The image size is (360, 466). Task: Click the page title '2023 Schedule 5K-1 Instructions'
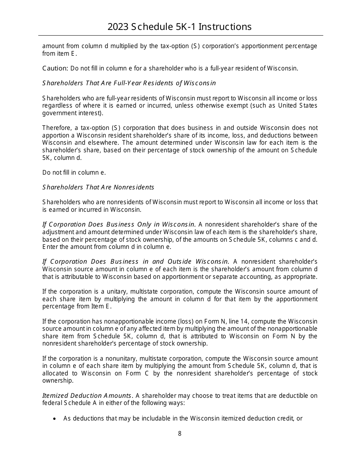[x=180, y=27]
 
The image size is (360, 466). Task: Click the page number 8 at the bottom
[x=180, y=433]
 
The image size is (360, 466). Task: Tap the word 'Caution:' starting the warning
[x=55, y=68]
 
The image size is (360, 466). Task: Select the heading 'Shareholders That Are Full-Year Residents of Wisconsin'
[x=129, y=83]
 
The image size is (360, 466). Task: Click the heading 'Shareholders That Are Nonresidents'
[x=98, y=187]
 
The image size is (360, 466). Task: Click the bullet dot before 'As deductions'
[x=55, y=419]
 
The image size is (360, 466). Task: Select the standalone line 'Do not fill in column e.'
[x=74, y=172]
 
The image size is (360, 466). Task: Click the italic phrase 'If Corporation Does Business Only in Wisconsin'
[x=119, y=224]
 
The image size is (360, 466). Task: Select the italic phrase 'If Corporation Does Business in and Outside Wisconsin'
[x=136, y=261]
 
